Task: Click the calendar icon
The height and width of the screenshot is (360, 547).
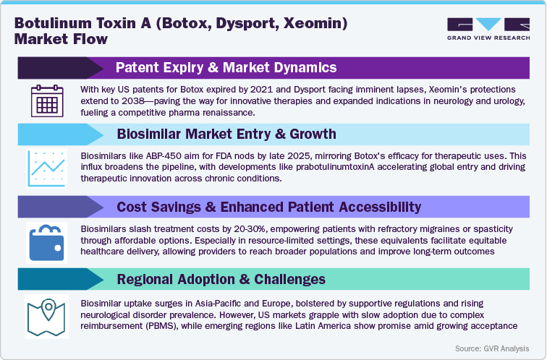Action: click(x=47, y=100)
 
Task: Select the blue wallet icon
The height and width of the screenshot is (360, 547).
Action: click(x=47, y=241)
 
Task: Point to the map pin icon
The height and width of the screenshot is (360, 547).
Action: click(x=47, y=312)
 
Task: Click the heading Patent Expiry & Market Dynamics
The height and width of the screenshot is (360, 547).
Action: click(x=226, y=68)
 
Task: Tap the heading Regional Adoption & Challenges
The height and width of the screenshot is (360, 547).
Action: click(x=221, y=279)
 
